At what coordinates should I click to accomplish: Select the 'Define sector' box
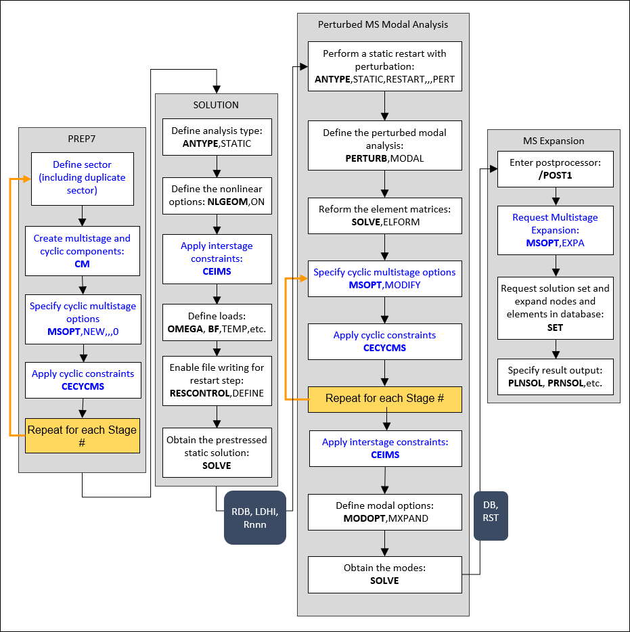[82, 178]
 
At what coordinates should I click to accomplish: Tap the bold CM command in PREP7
[82, 264]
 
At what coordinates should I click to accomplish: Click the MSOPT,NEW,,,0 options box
[82, 319]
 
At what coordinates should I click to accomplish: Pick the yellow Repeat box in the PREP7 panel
[82, 436]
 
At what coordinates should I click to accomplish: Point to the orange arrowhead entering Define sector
[27, 179]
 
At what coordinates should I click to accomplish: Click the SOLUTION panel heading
[216, 105]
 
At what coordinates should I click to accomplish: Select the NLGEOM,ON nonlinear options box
[216, 196]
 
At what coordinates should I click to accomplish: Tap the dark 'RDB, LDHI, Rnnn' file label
[255, 517]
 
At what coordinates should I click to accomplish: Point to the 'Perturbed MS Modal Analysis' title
[383, 24]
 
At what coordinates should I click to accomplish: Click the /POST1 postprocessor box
[556, 168]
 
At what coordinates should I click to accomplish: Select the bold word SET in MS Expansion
[556, 328]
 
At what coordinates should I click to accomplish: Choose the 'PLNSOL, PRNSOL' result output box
[556, 376]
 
